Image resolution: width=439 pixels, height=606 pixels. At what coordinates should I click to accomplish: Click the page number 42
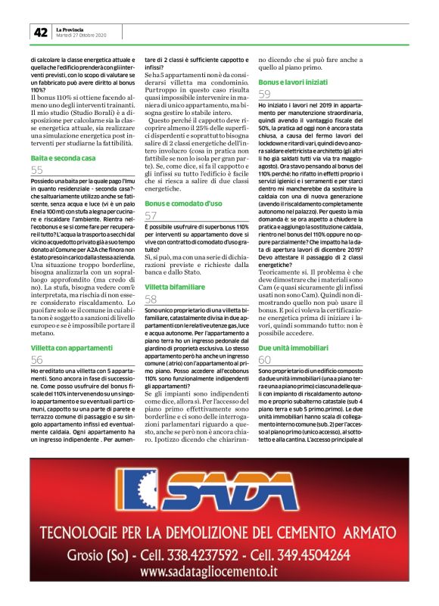[x=39, y=33]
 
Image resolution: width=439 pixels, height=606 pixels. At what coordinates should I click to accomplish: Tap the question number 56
[x=37, y=359]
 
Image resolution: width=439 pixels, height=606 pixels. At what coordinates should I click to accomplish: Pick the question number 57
[x=151, y=216]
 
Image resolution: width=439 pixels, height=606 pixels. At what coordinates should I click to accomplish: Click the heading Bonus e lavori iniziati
[x=294, y=81]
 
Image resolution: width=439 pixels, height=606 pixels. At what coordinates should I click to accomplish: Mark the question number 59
[x=265, y=94]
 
